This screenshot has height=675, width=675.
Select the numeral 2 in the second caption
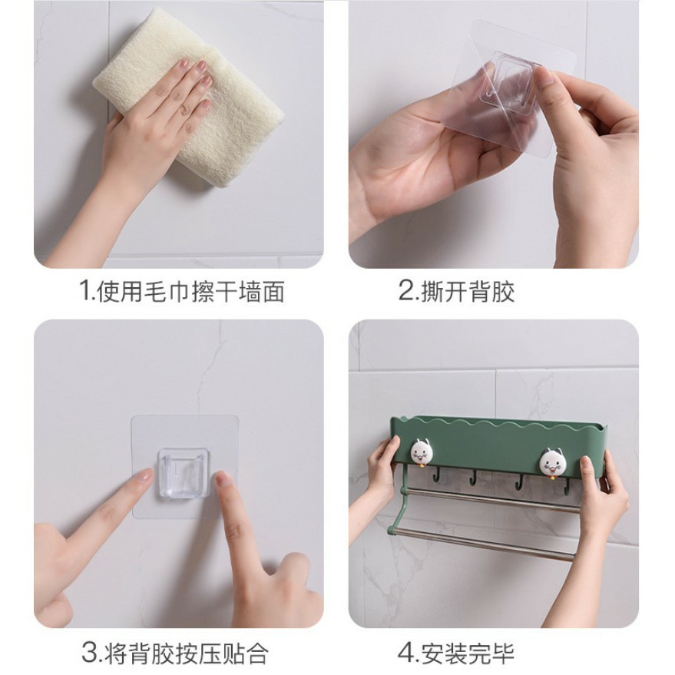click(x=405, y=290)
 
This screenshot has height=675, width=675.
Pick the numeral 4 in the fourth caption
click(x=405, y=653)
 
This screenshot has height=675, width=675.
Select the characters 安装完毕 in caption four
click(x=468, y=653)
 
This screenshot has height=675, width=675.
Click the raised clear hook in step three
click(x=184, y=474)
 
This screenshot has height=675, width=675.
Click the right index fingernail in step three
click(x=223, y=479)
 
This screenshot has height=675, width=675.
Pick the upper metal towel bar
click(x=490, y=499)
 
